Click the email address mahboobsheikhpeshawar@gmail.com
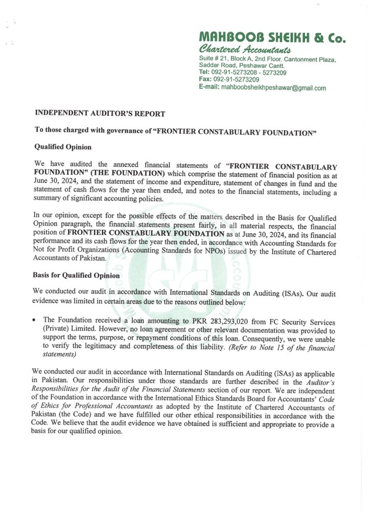(273, 88)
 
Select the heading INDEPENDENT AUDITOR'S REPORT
(100, 113)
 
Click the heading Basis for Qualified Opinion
(77, 275)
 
